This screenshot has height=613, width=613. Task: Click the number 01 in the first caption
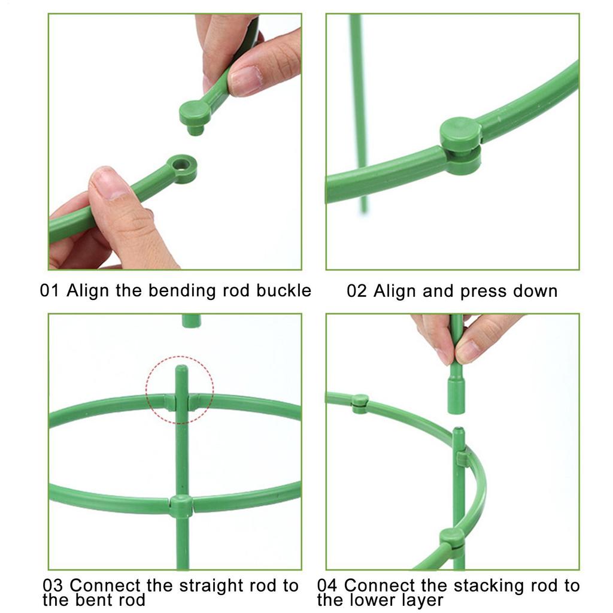pos(50,292)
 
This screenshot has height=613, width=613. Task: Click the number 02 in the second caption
pos(357,292)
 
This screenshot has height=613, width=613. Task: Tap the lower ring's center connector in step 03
pos(181,506)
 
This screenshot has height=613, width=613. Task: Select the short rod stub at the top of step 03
pos(192,321)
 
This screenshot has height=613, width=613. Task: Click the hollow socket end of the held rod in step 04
pos(456,398)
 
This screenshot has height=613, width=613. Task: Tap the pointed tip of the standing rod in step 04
pos(458,432)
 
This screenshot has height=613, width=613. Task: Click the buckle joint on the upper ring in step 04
pos(360,403)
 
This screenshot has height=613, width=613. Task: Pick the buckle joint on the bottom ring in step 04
pos(452,538)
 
